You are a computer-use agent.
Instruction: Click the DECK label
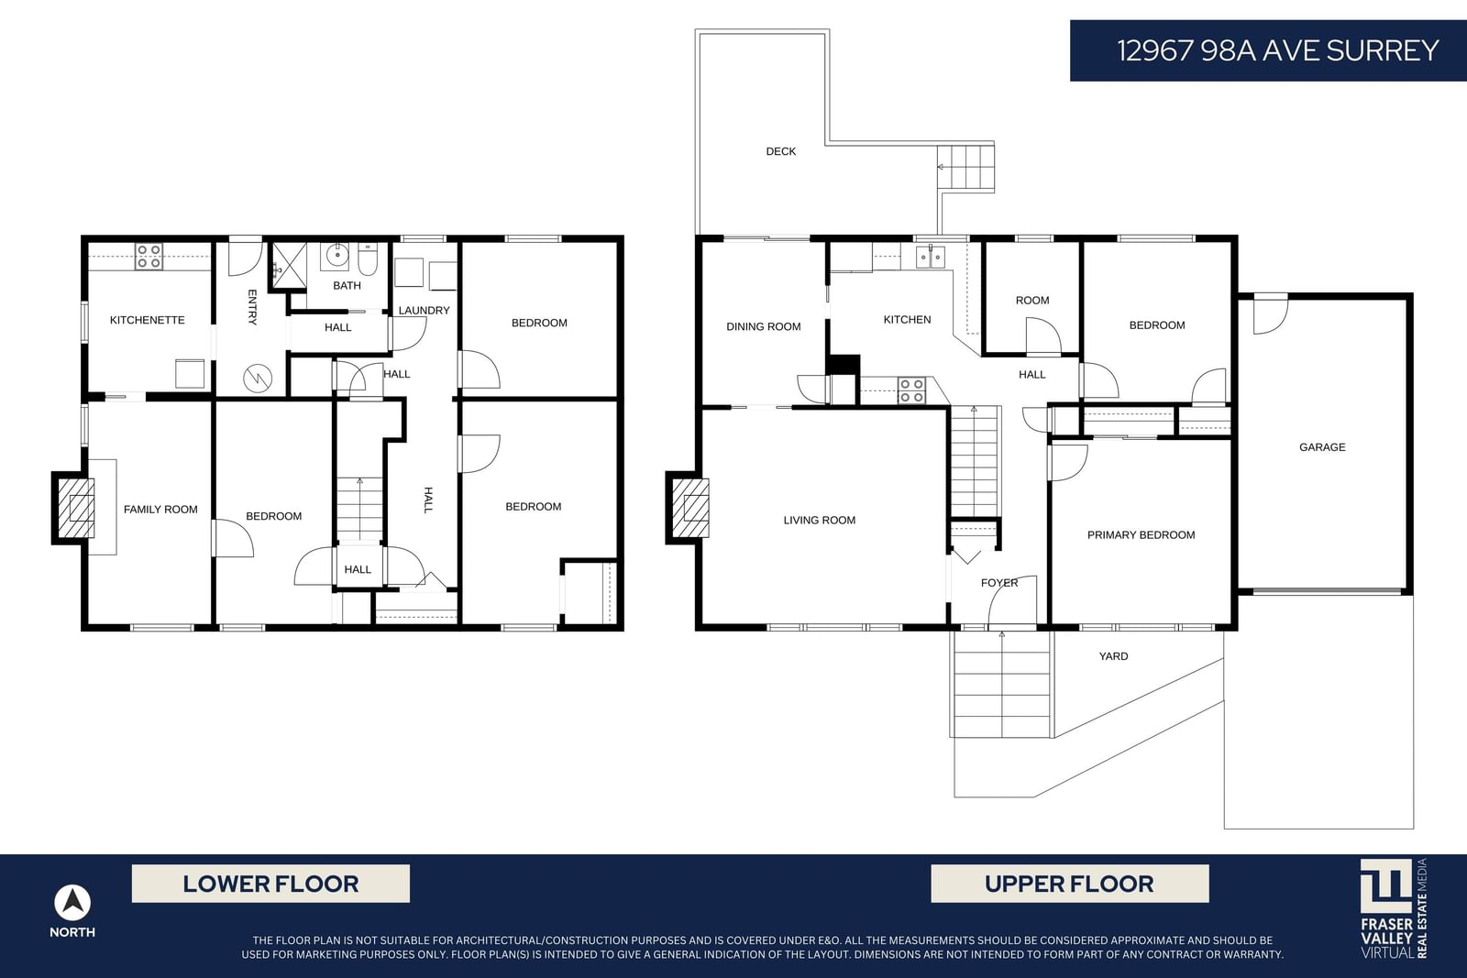click(780, 151)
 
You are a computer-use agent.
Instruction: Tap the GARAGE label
click(1322, 447)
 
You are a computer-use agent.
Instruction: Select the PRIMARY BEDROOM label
click(1141, 534)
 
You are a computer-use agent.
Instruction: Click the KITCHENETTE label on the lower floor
click(148, 320)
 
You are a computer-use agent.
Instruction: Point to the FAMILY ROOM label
click(160, 510)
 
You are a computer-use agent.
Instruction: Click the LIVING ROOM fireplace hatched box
click(690, 508)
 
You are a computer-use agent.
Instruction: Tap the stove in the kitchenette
click(149, 256)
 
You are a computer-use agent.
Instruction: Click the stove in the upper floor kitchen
click(911, 390)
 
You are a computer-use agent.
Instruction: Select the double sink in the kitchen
click(930, 257)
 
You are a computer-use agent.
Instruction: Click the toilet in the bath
click(368, 260)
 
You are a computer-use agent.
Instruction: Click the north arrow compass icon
click(72, 903)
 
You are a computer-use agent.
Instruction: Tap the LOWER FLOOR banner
click(270, 884)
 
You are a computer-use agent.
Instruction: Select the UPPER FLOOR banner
click(1069, 884)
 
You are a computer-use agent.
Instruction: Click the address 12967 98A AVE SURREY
click(1277, 50)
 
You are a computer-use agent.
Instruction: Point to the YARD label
click(1113, 656)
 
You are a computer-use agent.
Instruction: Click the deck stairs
click(966, 167)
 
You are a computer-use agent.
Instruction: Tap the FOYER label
click(999, 583)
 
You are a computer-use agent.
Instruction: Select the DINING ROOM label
click(764, 326)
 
